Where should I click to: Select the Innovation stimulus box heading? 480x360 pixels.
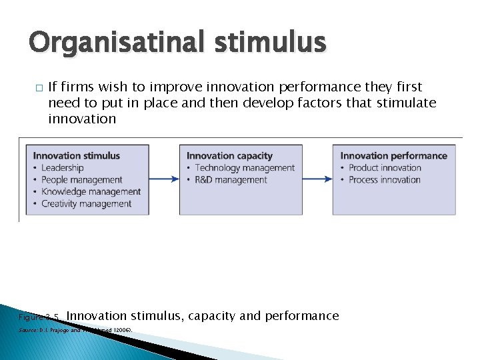[x=77, y=155]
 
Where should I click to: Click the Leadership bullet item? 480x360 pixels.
[x=62, y=168]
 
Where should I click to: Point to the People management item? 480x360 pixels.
[x=82, y=180]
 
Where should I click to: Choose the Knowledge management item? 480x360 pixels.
[x=91, y=192]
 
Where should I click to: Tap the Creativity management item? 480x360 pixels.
[x=87, y=204]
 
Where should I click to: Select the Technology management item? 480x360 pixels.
[x=245, y=168]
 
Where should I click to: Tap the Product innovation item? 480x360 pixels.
[x=385, y=168]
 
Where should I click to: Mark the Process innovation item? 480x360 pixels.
[x=385, y=180]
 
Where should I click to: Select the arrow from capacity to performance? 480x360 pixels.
[x=318, y=179]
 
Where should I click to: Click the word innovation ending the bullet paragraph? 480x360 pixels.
[x=82, y=119]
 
